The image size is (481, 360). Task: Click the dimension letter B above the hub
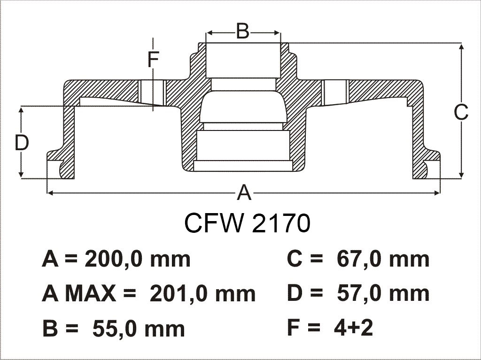coord(242,32)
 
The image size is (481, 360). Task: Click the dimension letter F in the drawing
coord(153,60)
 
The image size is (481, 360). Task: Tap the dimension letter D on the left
coord(22,143)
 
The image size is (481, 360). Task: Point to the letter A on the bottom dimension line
coord(244,193)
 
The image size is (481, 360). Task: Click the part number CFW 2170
coord(247,223)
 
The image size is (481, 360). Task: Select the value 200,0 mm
coord(137,259)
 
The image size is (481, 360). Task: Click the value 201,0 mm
coord(202,294)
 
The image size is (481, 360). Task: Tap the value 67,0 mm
coord(383,259)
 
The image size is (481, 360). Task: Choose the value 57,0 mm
coord(383,294)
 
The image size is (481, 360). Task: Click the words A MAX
coord(78,294)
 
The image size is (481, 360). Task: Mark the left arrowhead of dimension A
coord(49,192)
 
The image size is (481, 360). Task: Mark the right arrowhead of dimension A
coord(437,192)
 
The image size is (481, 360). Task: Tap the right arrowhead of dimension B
coord(278,33)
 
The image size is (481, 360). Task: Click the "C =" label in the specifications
coord(304,259)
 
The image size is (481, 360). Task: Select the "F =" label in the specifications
coord(303,328)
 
